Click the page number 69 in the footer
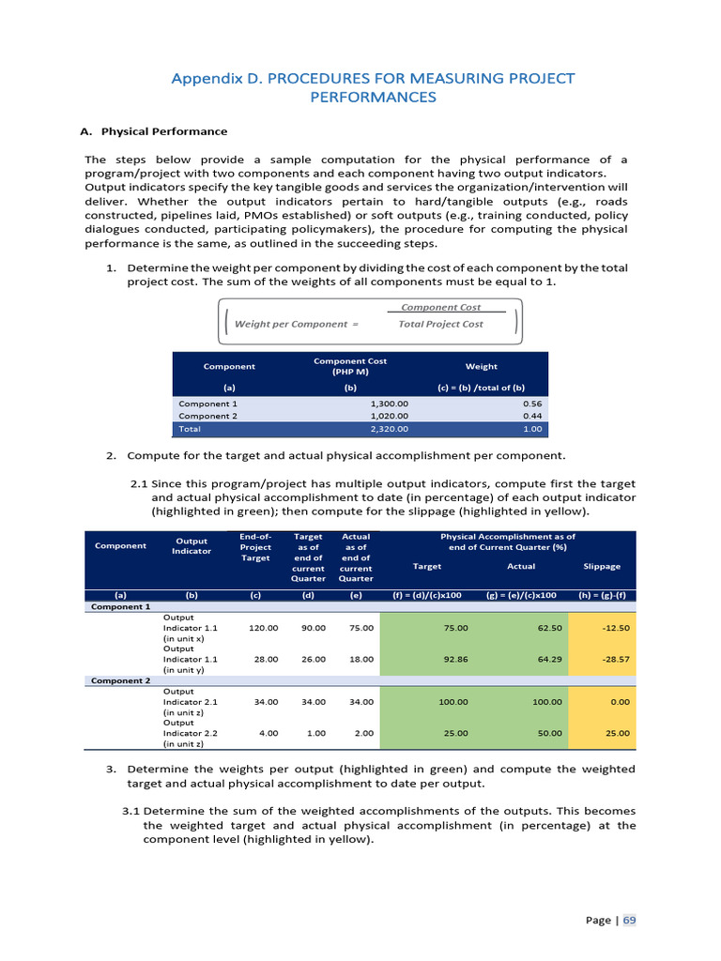629,920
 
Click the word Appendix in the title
203,77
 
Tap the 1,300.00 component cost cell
390,404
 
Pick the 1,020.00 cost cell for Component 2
390,416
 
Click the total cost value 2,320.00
390,429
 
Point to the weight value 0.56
532,404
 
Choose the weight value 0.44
532,416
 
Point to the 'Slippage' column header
602,566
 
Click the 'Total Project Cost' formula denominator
440,324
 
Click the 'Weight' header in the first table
482,366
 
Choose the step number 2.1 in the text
138,483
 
